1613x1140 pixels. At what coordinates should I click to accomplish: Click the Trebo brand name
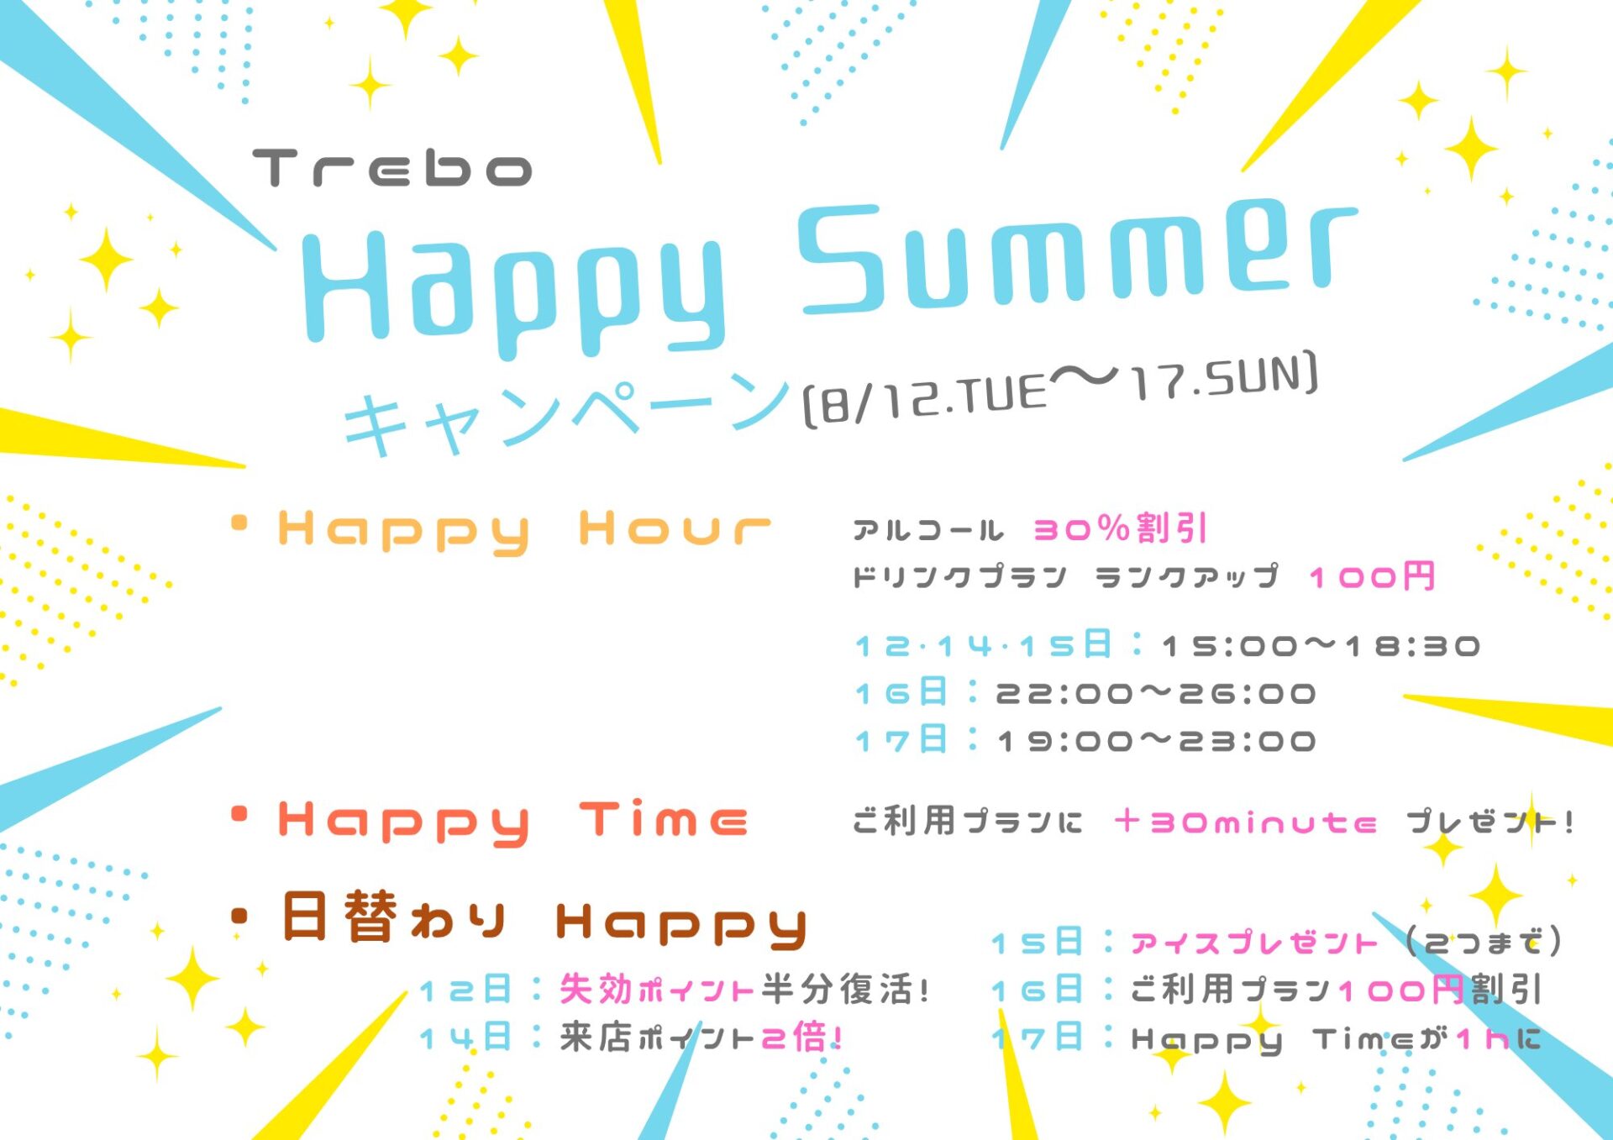[392, 168]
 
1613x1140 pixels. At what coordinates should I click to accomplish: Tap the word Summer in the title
[1077, 256]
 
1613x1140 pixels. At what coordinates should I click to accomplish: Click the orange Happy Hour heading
[524, 531]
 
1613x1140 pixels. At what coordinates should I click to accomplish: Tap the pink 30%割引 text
[1120, 528]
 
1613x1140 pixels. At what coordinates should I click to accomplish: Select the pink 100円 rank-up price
[1372, 577]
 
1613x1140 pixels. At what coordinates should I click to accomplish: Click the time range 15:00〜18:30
[1321, 646]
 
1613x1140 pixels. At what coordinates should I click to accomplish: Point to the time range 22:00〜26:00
[1156, 694]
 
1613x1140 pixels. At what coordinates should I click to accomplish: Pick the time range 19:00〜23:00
[1156, 741]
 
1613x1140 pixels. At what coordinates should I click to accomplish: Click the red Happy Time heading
[512, 822]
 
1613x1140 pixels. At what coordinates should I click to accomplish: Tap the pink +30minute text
[1245, 822]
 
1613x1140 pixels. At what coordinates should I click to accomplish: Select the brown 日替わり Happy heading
[544, 919]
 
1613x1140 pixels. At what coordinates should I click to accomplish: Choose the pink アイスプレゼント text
[1253, 943]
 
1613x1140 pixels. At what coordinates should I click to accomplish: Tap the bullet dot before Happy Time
[239, 813]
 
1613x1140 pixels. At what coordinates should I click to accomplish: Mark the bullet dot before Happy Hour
[239, 523]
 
